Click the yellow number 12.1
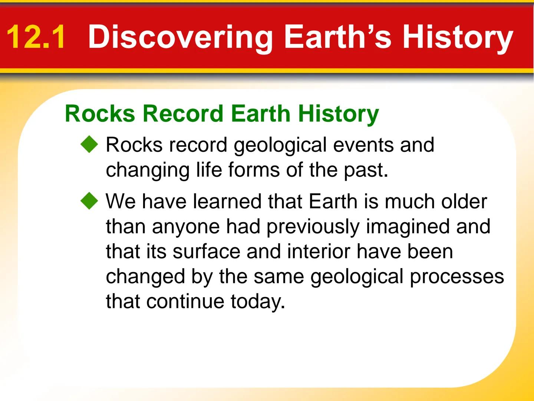pos(36,37)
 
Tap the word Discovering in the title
pos(180,38)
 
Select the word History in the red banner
pos(458,38)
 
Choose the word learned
pos(227,201)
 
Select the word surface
pos(206,251)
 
